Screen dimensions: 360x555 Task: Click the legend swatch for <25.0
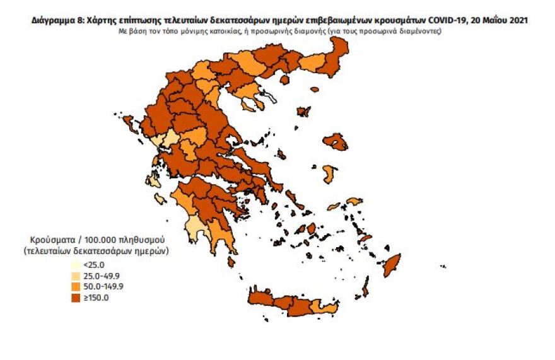[75, 265]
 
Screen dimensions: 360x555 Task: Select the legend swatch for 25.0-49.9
[75, 276]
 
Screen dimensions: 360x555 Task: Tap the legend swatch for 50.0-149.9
[75, 287]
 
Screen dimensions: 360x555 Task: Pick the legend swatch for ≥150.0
[75, 298]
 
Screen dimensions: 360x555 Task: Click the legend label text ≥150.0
[98, 298]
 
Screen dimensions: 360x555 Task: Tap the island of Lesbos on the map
[335, 142]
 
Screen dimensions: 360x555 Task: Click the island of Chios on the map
[329, 174]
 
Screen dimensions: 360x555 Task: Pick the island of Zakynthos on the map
[160, 199]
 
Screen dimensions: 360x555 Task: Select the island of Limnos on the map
[303, 112]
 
